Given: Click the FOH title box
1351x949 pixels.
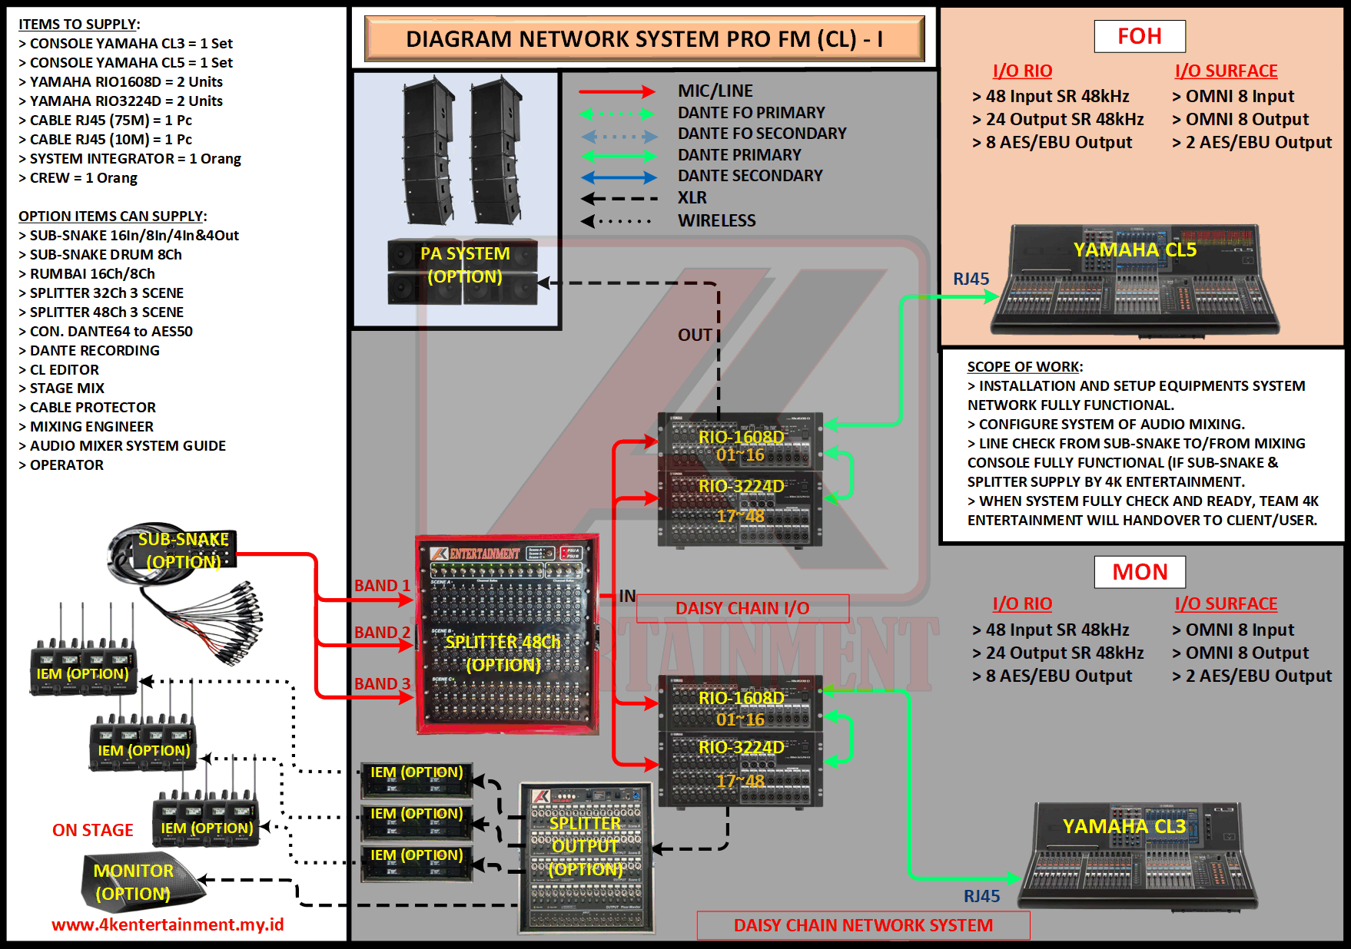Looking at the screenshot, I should pyautogui.click(x=1140, y=36).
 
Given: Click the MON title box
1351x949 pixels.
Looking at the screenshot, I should pyautogui.click(x=1140, y=572).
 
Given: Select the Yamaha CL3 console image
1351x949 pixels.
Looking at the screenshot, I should pyautogui.click(x=1137, y=856).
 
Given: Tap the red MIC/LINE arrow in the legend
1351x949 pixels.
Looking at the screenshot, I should pyautogui.click(x=616, y=92).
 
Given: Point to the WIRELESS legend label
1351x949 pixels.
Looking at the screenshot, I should pyautogui.click(x=716, y=221).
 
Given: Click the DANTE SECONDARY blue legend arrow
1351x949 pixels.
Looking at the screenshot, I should pyautogui.click(x=619, y=177).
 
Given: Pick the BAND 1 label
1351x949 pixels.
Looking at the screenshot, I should pyautogui.click(x=382, y=586).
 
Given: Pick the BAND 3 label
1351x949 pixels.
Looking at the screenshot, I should pyautogui.click(x=382, y=683).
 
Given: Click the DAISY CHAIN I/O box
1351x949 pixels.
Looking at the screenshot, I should pyautogui.click(x=742, y=608).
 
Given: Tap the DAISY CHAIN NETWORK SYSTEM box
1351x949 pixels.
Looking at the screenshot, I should pyautogui.click(x=863, y=925).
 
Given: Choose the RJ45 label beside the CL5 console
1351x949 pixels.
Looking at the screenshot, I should pyautogui.click(x=971, y=279).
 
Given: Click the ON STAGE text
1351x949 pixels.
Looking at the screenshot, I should pyautogui.click(x=93, y=830).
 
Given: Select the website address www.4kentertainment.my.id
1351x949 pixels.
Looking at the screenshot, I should pyautogui.click(x=168, y=924).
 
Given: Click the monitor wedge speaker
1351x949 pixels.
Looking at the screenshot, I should pyautogui.click(x=138, y=883).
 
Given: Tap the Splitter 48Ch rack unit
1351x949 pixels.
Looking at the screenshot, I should pyautogui.click(x=506, y=633).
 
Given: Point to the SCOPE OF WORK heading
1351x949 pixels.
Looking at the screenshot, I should pyautogui.click(x=1024, y=367).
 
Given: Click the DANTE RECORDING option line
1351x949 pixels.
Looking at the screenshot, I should pyautogui.click(x=95, y=351).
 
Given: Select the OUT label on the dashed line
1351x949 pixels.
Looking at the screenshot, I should pyautogui.click(x=694, y=335).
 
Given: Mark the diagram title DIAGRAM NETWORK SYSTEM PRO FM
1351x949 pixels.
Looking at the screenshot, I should pyautogui.click(x=644, y=39).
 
